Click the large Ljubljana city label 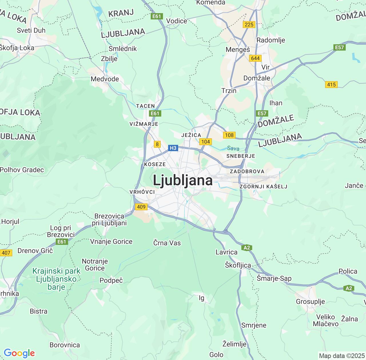(183, 180)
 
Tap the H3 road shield (173, 148)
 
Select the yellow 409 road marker (141, 207)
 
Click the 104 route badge (206, 141)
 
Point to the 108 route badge (229, 135)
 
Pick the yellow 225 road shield (249, 25)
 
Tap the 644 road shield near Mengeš (255, 58)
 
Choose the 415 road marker (331, 85)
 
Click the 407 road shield (6, 253)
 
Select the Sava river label (233, 148)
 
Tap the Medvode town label (105, 79)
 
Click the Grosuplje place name (310, 301)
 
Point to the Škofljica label (238, 265)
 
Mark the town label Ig (202, 298)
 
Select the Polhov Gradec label (22, 170)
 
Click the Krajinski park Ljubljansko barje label (56, 279)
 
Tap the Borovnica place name (65, 345)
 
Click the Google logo (19, 353)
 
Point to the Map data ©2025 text (342, 356)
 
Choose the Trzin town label (229, 91)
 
